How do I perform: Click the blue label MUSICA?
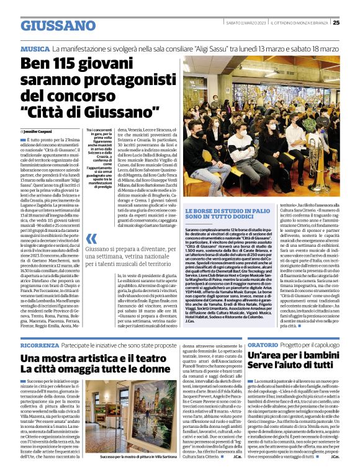35,48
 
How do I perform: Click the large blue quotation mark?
91,239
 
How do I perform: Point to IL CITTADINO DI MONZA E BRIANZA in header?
303,22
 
